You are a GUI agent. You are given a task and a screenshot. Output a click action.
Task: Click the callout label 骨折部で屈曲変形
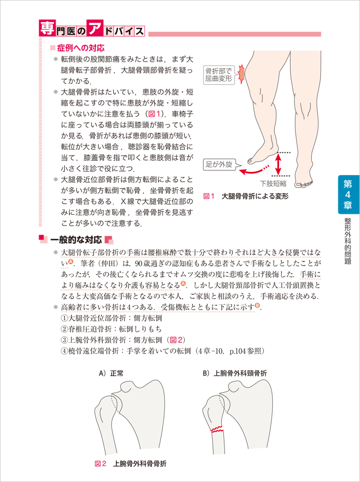(x=219, y=75)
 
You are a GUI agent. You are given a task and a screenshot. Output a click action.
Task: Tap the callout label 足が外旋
(x=219, y=164)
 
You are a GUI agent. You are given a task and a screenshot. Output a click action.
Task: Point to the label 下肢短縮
(x=273, y=184)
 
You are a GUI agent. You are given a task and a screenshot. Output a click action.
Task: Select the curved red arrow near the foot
(x=253, y=170)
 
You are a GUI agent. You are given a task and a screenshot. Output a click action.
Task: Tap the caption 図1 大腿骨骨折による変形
(x=246, y=196)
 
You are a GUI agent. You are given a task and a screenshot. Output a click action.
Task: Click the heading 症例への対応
(x=77, y=48)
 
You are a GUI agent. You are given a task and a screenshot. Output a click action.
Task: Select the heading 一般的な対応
(x=76, y=240)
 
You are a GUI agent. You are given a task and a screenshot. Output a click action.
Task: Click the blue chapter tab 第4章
(x=348, y=195)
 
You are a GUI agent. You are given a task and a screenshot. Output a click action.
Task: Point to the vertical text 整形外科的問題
(x=348, y=241)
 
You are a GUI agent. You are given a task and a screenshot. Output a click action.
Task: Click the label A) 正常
(x=111, y=373)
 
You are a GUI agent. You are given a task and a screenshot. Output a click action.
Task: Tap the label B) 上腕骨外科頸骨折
(x=235, y=373)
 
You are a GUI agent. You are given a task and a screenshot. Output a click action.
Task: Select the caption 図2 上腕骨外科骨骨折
(x=131, y=463)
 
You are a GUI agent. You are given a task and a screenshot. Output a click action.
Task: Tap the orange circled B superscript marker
(x=257, y=305)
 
